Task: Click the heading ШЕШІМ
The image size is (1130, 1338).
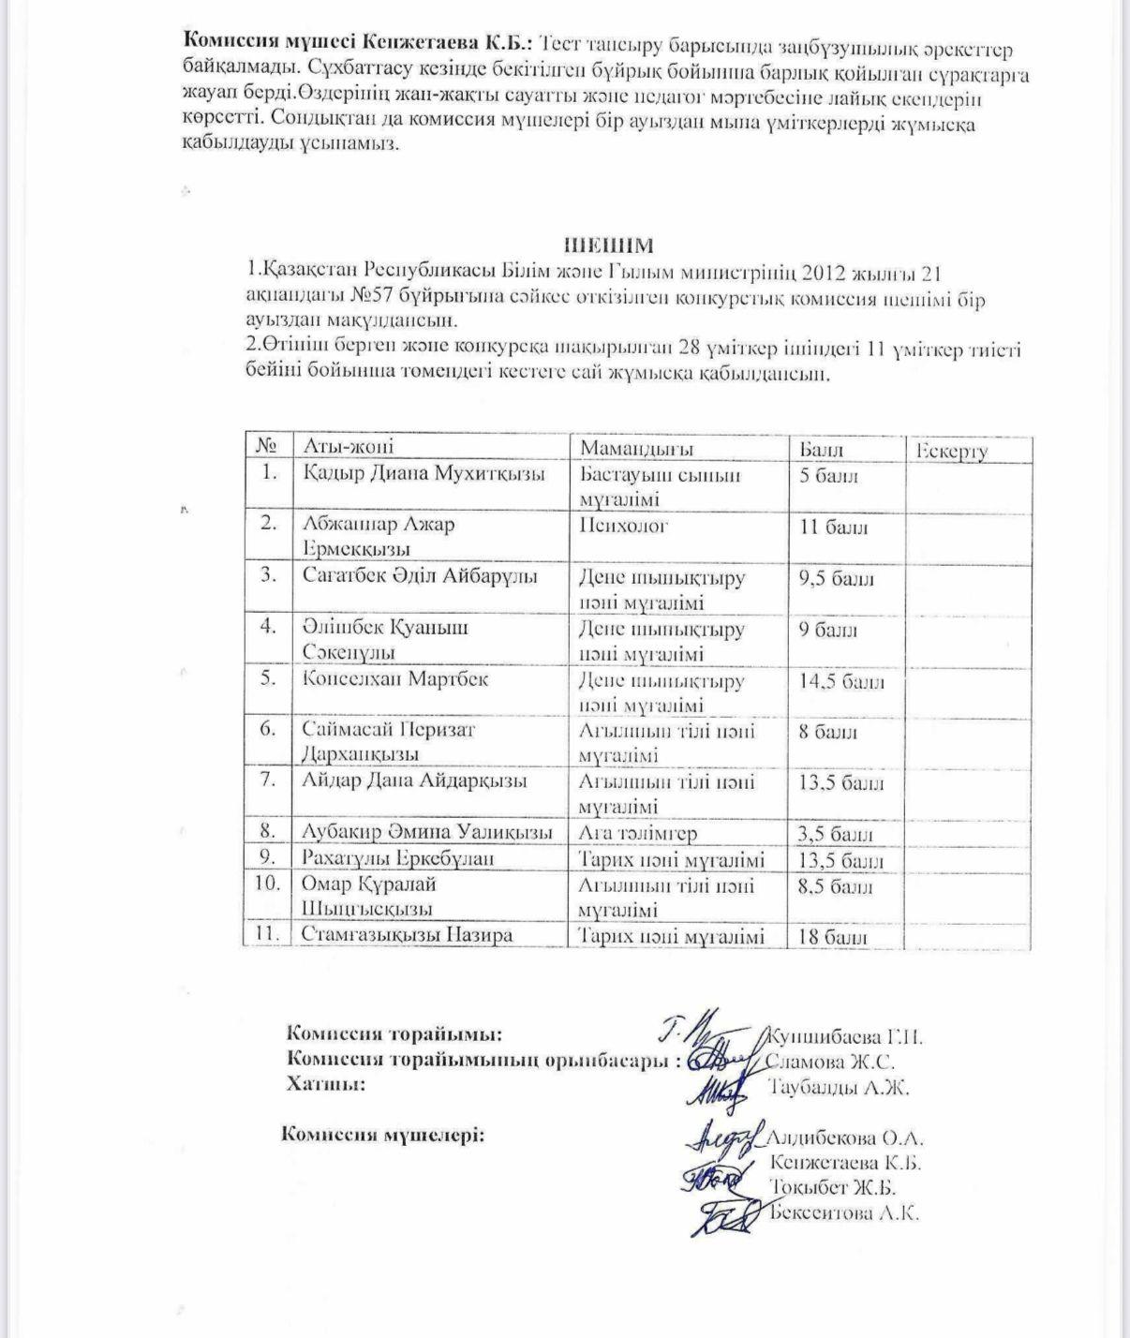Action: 607,246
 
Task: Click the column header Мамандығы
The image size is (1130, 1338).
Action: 636,448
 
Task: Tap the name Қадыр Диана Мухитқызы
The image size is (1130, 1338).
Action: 423,473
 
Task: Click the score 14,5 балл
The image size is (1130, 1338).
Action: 840,681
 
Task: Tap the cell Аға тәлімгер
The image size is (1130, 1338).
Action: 638,832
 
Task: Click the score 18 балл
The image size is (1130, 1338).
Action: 832,936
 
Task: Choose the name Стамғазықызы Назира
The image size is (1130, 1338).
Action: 407,934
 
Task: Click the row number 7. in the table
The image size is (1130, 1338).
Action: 269,780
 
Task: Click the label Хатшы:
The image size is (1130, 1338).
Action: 324,1084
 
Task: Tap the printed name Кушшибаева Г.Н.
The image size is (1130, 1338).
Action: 846,1037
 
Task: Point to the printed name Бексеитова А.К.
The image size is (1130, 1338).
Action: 844,1213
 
